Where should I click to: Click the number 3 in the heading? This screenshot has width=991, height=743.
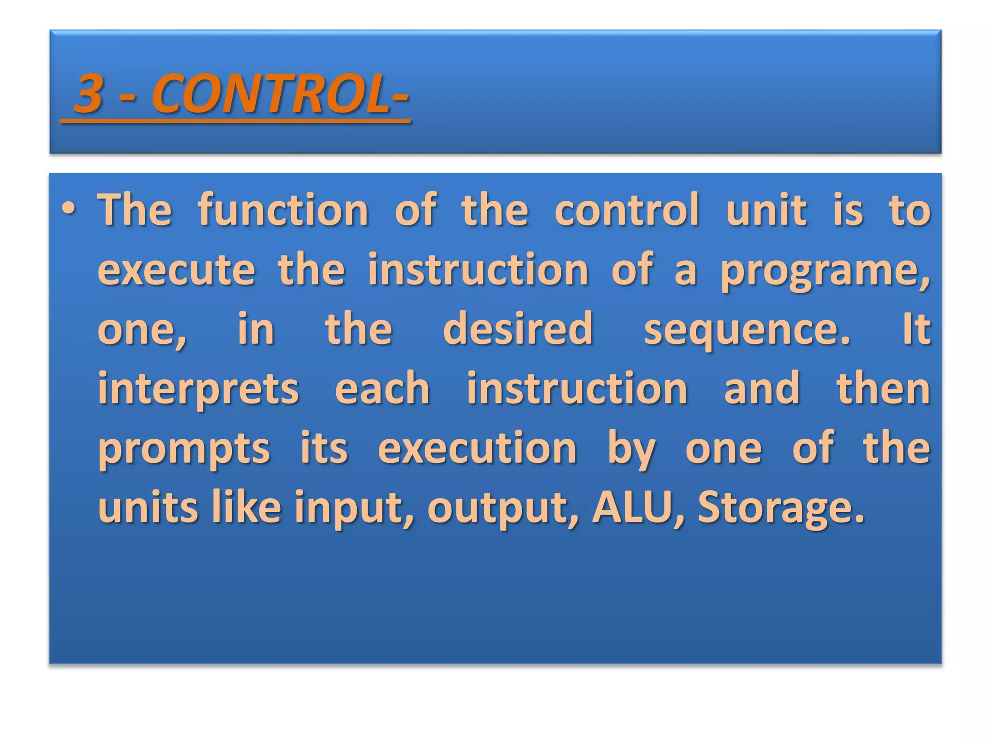coord(90,93)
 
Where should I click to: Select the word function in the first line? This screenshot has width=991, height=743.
coord(283,210)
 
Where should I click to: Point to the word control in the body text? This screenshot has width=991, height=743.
coord(627,210)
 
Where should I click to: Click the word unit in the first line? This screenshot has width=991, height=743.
coord(766,210)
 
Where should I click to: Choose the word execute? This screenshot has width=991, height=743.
coord(176,269)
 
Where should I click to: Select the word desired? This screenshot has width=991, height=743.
coord(518,329)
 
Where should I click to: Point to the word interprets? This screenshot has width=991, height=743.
coord(198,389)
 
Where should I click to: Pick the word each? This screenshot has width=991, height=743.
coord(382,389)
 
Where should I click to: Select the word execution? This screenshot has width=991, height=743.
coord(477,448)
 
